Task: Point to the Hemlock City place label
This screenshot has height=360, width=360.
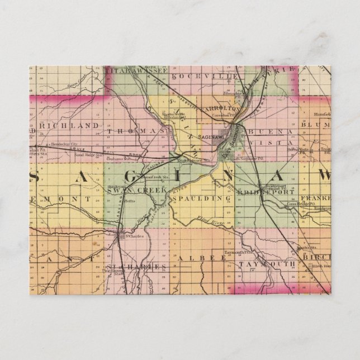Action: (x=62, y=144)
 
